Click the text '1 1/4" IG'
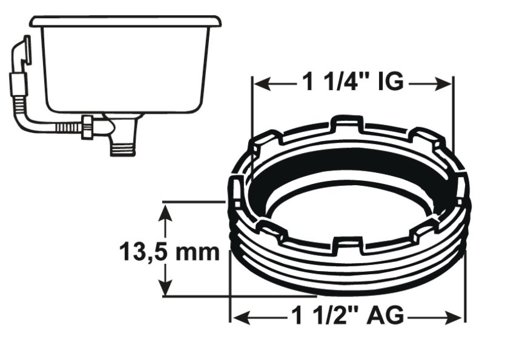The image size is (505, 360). click(x=352, y=83)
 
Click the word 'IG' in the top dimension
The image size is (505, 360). click(x=390, y=83)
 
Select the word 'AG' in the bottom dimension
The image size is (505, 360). click(x=385, y=315)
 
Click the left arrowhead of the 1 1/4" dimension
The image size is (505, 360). click(x=258, y=83)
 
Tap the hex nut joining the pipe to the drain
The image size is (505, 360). click(x=88, y=126)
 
